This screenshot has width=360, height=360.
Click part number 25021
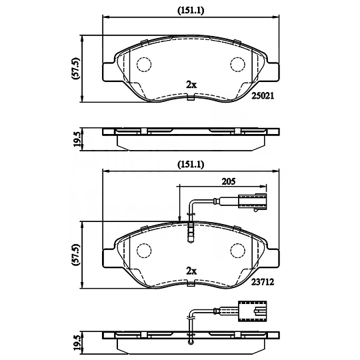[x=263, y=96]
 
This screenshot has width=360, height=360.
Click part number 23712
[x=263, y=282]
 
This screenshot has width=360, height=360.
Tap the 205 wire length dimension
[x=229, y=181]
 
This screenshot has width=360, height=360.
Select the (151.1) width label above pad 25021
[x=191, y=10]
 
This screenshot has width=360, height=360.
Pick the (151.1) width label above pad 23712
[x=191, y=165]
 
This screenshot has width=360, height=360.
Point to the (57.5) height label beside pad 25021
[x=75, y=69]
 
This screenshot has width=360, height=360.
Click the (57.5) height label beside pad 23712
[x=75, y=255]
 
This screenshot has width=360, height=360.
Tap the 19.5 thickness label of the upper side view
[x=77, y=139]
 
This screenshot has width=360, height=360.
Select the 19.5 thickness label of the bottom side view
[x=77, y=343]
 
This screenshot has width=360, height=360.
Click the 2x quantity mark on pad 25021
[x=191, y=85]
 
